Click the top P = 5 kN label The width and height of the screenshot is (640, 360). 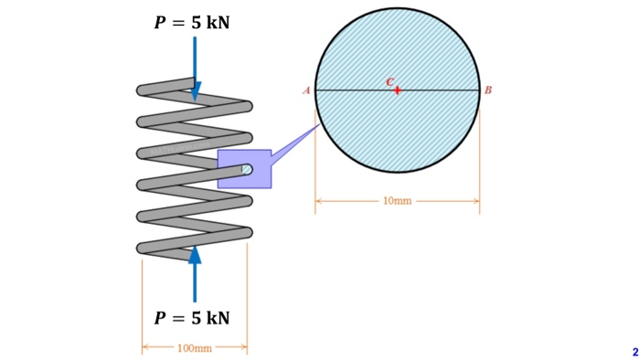point(191,22)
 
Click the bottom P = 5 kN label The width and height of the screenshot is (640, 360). point(191,318)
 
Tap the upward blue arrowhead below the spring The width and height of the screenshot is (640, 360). point(195,254)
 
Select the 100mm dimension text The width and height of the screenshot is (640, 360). point(194,348)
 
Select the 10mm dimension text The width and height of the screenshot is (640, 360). point(397,200)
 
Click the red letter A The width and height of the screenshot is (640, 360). point(306,90)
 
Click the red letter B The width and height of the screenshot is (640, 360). point(488,90)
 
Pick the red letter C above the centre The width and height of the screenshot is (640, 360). point(389,82)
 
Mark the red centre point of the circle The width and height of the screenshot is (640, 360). point(397,90)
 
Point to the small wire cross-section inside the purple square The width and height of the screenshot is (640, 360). point(246,169)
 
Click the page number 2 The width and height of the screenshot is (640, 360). point(635,352)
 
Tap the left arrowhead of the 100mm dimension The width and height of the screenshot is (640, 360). point(145,348)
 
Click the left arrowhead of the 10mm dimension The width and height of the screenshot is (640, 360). point(319,200)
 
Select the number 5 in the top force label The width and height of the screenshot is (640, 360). point(197,22)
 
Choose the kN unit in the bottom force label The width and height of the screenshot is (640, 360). point(218,318)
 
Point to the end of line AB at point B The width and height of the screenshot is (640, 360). point(479,90)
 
